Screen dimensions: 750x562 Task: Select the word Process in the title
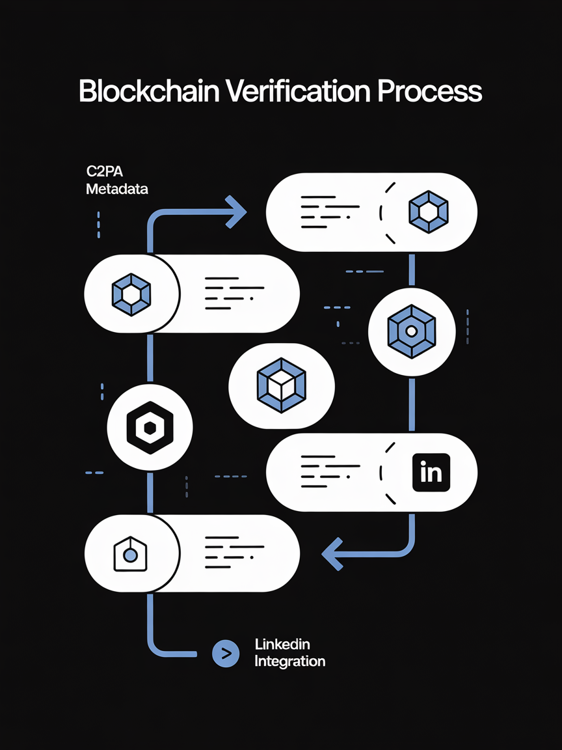click(430, 92)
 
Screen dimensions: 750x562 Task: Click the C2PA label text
click(104, 173)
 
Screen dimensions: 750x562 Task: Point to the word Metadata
click(117, 189)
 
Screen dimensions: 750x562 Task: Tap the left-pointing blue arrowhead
click(332, 553)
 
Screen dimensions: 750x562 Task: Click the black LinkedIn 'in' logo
click(431, 472)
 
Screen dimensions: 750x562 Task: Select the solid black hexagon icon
click(150, 427)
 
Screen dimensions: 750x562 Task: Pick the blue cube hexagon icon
click(282, 387)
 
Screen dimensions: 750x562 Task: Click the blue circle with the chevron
click(226, 653)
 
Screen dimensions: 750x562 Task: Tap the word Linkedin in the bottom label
click(282, 645)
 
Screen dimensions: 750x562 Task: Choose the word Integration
click(290, 661)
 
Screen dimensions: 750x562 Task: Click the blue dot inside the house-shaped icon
click(130, 555)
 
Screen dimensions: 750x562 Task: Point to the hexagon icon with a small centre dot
click(411, 331)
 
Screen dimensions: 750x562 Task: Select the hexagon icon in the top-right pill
click(428, 212)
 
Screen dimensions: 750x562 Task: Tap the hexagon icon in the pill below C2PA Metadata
click(131, 294)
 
